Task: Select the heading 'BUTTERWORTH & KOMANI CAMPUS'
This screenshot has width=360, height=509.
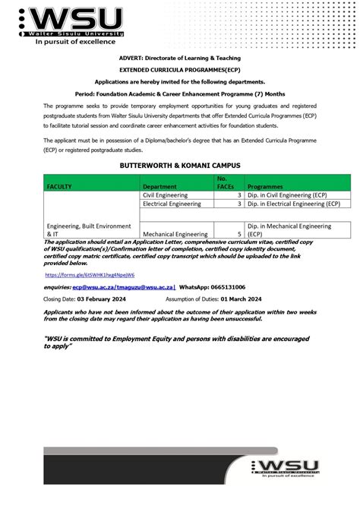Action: (x=180, y=164)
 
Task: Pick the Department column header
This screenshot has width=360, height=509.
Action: (x=162, y=185)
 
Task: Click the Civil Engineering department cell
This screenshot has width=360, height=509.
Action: (x=165, y=195)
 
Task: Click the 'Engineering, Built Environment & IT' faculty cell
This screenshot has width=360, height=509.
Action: (x=88, y=229)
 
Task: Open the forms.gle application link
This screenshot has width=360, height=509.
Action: (x=79, y=274)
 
